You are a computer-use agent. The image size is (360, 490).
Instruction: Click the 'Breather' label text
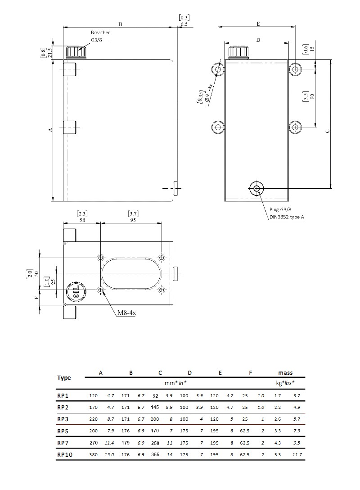coord(100,32)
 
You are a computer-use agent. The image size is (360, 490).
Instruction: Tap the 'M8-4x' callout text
coord(126,313)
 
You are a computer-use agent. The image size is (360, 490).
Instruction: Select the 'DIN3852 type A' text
coord(287,217)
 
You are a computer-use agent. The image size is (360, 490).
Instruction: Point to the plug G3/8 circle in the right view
coord(256,188)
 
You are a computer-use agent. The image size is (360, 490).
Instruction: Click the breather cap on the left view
coord(76,52)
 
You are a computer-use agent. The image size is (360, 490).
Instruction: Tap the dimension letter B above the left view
coord(120,24)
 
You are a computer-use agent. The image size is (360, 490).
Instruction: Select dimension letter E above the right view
coord(258,24)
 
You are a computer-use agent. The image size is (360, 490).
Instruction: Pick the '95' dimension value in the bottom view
coord(133,220)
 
